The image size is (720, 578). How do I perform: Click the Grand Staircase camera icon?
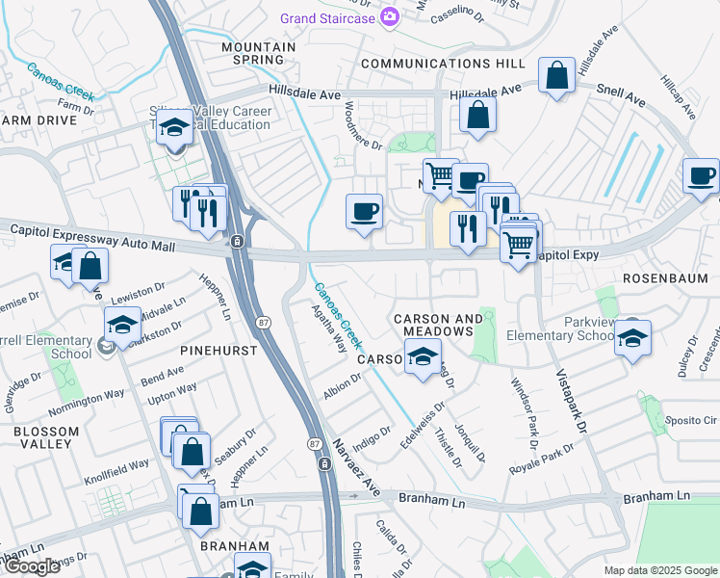(x=389, y=15)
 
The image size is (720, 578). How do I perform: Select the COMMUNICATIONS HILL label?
(x=444, y=64)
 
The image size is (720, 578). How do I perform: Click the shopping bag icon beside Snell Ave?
(x=557, y=75)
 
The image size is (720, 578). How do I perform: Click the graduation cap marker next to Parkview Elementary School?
(x=632, y=338)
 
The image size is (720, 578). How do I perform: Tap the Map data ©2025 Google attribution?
(x=659, y=570)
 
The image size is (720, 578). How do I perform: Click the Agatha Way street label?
(x=328, y=328)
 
